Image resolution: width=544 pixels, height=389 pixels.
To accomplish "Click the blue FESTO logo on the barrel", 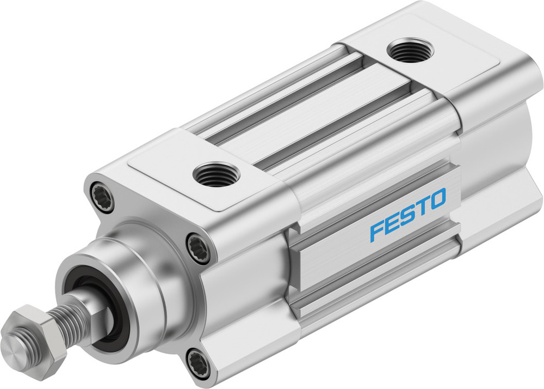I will point(408,214).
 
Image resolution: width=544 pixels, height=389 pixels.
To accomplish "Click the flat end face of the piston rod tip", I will point(13,344).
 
